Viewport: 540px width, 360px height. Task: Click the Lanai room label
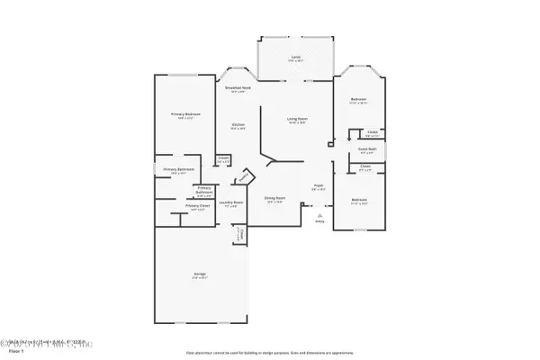click(x=295, y=58)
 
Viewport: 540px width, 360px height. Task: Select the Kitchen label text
click(x=238, y=126)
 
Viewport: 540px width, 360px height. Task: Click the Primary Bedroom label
click(x=186, y=114)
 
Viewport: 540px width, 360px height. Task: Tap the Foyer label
click(x=319, y=187)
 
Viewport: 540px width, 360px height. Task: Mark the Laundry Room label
click(x=231, y=202)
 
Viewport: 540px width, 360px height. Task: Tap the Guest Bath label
click(x=366, y=149)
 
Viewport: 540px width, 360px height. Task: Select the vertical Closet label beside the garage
click(x=239, y=234)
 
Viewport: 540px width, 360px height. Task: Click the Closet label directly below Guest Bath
click(x=365, y=166)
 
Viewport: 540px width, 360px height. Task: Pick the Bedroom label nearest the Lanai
click(x=358, y=100)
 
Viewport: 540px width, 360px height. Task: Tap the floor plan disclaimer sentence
click(x=270, y=353)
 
